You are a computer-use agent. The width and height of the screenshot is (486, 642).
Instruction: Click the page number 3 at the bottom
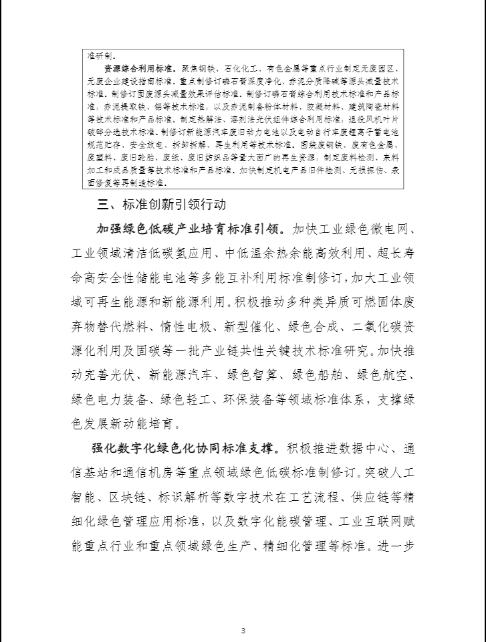click(243, 630)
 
